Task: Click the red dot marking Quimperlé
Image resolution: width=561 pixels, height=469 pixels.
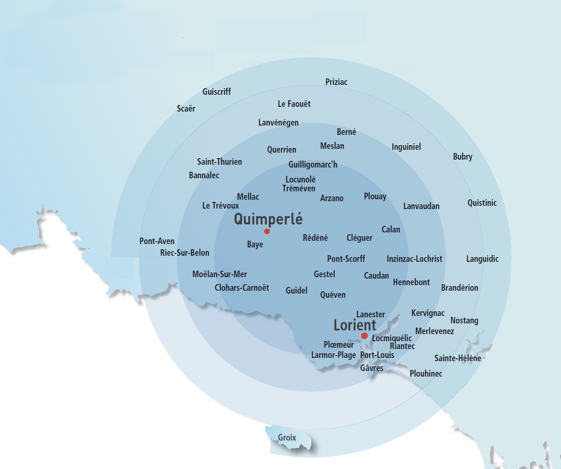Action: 267,231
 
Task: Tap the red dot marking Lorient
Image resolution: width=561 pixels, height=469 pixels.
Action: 365,336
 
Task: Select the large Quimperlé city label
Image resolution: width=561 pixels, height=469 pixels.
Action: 268,219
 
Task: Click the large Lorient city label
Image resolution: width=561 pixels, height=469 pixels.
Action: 355,325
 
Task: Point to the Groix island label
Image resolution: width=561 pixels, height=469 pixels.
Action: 287,438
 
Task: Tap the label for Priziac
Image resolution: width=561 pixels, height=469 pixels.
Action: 336,82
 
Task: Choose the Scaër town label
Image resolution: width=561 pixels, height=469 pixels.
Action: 186,109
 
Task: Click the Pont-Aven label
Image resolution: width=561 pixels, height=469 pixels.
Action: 157,241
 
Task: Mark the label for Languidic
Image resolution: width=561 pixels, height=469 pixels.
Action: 482,259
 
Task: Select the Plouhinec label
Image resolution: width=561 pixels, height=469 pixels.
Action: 426,374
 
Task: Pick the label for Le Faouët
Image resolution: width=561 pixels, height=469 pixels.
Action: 294,104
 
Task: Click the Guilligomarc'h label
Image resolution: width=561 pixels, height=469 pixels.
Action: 312,165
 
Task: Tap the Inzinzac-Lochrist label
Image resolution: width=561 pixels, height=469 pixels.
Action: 414,259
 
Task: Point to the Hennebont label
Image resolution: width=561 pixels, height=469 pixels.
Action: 411,282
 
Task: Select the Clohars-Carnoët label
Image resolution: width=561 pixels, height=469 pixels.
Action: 242,288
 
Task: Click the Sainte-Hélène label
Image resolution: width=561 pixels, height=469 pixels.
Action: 457,358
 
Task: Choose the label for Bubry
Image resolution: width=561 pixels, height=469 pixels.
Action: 463,157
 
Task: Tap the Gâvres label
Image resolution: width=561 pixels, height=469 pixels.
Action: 372,368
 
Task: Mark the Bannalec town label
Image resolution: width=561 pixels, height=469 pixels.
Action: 204,175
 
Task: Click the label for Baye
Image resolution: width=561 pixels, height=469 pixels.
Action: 255,245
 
